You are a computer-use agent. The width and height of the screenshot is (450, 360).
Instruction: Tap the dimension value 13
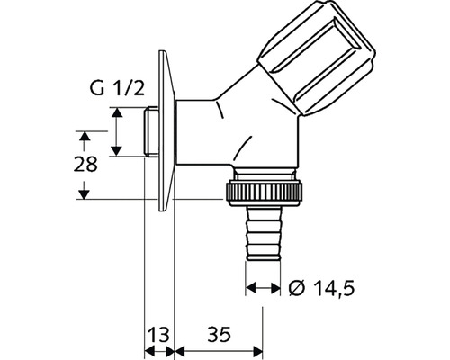[159, 334]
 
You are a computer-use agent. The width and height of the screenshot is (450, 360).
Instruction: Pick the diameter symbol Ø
[297, 289]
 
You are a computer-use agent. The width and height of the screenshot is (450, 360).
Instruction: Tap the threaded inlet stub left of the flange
[150, 131]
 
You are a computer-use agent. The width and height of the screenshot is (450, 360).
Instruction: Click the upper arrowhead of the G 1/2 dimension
[117, 112]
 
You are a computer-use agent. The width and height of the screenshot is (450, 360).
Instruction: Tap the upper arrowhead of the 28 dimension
[84, 136]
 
